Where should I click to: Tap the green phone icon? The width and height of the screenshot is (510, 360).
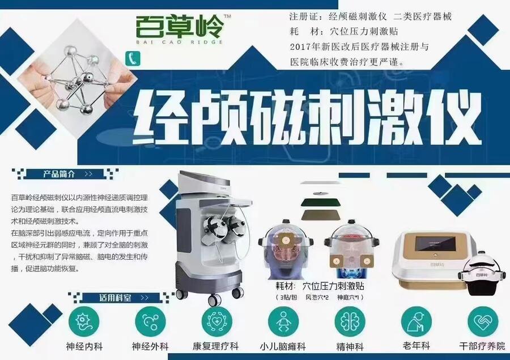click(133, 59)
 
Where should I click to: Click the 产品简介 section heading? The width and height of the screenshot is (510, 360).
click(59, 174)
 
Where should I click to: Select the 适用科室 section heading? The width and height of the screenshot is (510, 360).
click(116, 298)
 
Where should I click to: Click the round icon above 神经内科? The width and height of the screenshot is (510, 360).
click(84, 321)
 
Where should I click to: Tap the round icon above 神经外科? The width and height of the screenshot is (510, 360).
click(150, 321)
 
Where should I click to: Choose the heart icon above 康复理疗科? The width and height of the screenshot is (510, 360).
click(216, 321)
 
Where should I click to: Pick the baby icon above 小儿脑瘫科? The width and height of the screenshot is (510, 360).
click(283, 321)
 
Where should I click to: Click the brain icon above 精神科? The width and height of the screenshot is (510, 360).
click(350, 321)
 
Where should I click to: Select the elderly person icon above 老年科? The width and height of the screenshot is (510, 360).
click(416, 321)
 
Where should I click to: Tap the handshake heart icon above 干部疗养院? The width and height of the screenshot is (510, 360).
click(483, 321)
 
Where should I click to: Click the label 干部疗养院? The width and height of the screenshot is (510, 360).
click(482, 346)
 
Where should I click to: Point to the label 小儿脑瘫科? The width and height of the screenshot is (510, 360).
click(283, 346)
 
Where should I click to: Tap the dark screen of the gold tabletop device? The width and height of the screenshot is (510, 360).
click(435, 243)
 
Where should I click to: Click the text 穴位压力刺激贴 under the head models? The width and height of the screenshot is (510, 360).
click(333, 286)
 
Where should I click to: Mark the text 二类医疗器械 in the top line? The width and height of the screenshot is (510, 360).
click(423, 16)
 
